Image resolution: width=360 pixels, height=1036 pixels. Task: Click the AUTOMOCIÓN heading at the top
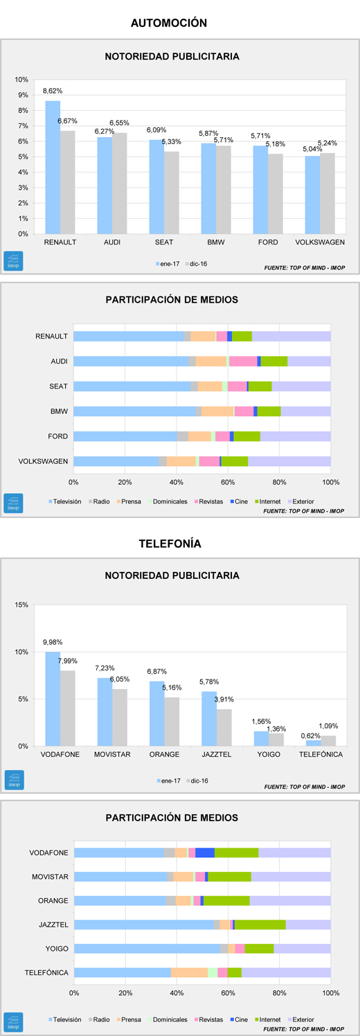point(169,23)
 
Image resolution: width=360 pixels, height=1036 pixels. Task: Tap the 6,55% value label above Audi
point(119,123)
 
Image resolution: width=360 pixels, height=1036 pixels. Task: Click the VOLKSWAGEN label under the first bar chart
point(320,242)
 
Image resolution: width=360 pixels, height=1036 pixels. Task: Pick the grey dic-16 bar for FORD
point(276,194)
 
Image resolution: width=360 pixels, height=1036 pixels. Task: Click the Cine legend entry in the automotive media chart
point(239,501)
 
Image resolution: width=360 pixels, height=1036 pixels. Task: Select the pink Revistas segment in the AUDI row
point(243,361)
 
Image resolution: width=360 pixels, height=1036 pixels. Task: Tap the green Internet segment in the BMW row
point(269,411)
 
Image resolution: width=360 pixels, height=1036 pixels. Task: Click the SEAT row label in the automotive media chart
point(58,386)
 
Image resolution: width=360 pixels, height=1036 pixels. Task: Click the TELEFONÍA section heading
point(170,544)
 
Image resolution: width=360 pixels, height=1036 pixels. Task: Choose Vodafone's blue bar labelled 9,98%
point(53,698)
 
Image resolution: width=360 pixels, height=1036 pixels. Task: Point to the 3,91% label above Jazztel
point(224,699)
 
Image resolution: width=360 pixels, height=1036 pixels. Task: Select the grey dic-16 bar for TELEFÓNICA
point(329,740)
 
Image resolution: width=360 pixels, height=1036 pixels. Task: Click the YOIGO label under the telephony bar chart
point(269,754)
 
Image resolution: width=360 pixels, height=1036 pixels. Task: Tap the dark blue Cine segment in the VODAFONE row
point(205,853)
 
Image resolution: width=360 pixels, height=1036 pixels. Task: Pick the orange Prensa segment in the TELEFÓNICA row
point(190,973)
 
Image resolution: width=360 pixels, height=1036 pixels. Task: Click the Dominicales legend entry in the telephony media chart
point(168,1019)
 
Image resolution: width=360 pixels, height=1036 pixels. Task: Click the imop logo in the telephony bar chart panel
point(14,780)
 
